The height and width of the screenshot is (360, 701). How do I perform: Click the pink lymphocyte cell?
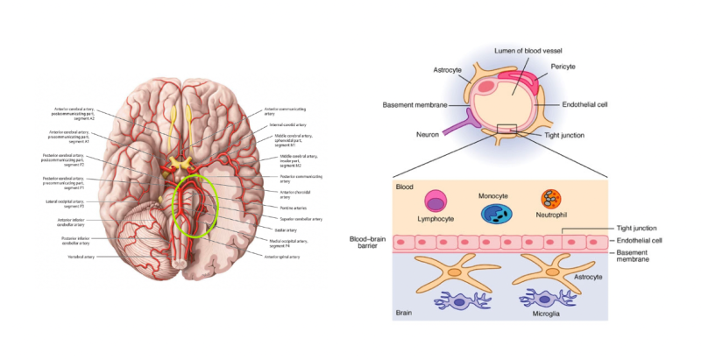point(432,201)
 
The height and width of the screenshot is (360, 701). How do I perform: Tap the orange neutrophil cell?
point(552,201)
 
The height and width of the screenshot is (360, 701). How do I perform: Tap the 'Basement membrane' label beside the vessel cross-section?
point(414,105)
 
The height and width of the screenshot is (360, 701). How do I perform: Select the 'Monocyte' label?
point(494,195)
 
